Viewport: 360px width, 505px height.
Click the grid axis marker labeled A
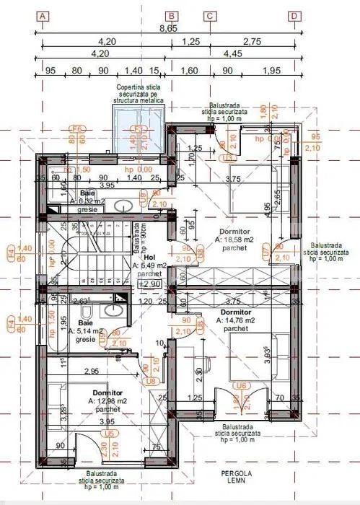[43, 16]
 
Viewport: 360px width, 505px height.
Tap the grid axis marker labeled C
[210, 16]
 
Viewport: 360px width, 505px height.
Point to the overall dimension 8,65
[168, 30]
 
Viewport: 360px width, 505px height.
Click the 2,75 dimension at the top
[252, 43]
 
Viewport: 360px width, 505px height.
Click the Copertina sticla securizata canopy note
[140, 94]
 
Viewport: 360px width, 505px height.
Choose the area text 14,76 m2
[235, 320]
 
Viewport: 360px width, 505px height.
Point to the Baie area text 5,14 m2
[92, 331]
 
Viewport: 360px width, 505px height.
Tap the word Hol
[149, 257]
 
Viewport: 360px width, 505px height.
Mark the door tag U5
[109, 433]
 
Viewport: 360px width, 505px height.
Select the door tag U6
[242, 386]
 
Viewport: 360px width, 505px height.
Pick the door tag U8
[151, 380]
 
